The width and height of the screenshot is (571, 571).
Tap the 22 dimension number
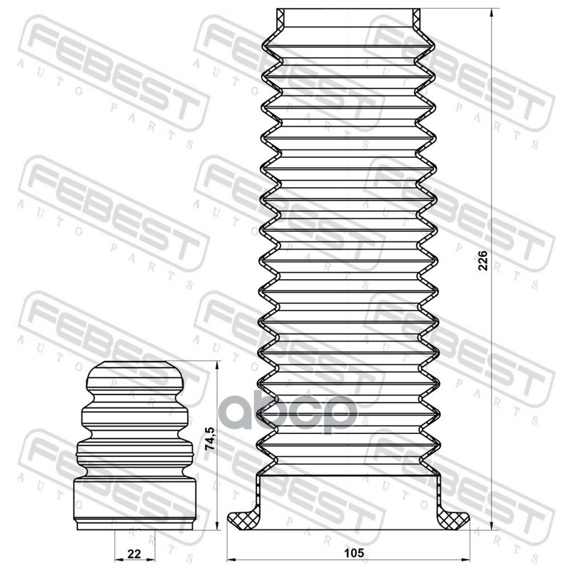click(133, 552)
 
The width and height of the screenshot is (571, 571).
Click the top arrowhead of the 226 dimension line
click(492, 13)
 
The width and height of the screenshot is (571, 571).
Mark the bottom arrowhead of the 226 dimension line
click(492, 525)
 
